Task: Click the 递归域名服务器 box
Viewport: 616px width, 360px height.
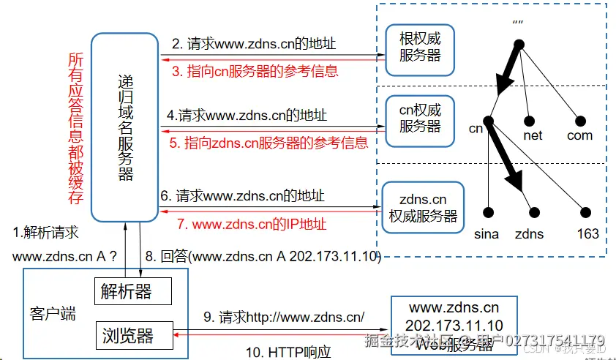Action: pyautogui.click(x=124, y=126)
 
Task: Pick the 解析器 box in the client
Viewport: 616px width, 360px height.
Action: pyautogui.click(x=132, y=291)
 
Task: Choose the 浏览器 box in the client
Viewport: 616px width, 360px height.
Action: pyautogui.click(x=132, y=336)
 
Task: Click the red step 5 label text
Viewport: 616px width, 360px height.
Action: pyautogui.click(x=268, y=143)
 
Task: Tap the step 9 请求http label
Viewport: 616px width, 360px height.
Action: pyautogui.click(x=284, y=317)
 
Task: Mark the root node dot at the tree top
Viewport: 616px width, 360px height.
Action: pyautogui.click(x=520, y=45)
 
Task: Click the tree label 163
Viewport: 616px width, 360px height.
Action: pyautogui.click(x=587, y=234)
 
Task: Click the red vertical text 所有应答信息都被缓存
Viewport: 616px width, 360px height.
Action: pyautogui.click(x=75, y=128)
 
